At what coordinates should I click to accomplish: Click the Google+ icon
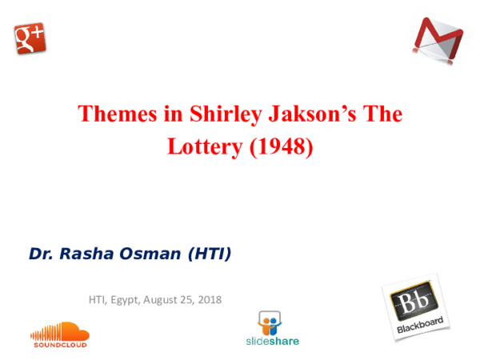click(30, 37)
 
